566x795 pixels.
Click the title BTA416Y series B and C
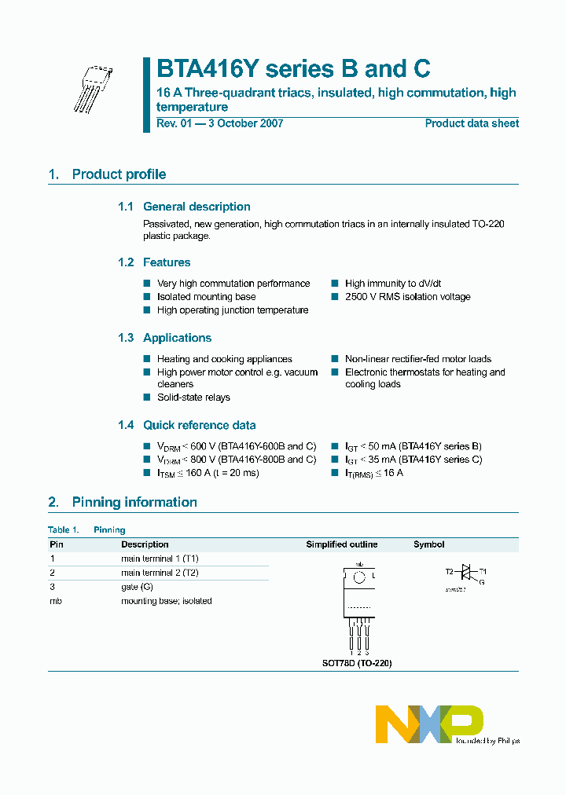[x=293, y=69]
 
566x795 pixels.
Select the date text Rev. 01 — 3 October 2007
[x=219, y=123]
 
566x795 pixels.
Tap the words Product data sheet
[x=472, y=123]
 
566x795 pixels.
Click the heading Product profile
[x=119, y=174]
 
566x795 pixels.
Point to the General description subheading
[x=197, y=207]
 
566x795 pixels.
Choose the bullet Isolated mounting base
[x=206, y=297]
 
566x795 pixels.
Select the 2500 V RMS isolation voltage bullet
[x=407, y=297]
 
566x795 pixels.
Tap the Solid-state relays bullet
[x=193, y=397]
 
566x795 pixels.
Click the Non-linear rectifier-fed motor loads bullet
[x=417, y=359]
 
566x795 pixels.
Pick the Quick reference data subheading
[x=199, y=425]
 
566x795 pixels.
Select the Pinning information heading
[x=134, y=502]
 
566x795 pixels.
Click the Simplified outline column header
[x=341, y=544]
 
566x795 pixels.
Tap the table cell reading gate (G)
[x=137, y=587]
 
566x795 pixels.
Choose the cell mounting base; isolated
[x=166, y=601]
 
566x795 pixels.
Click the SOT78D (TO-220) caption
[x=357, y=663]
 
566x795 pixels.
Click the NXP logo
[x=428, y=724]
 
